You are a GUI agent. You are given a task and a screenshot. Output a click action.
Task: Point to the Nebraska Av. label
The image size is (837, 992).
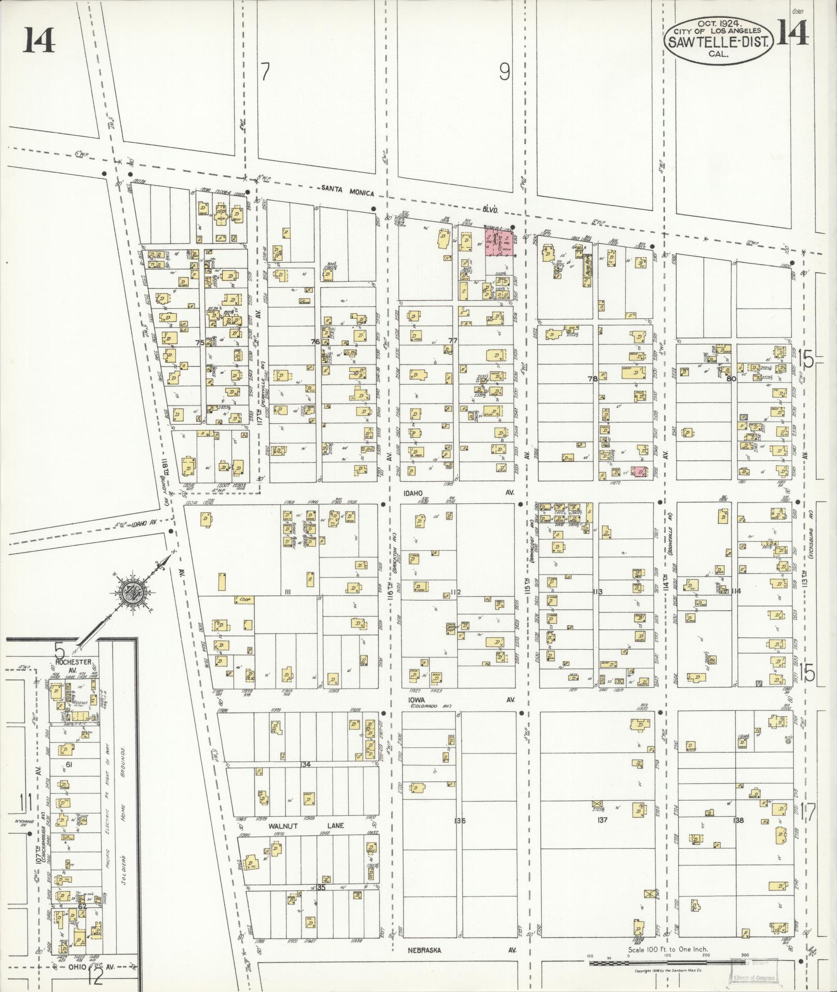(x=424, y=951)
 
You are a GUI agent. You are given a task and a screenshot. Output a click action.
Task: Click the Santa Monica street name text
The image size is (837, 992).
(x=347, y=192)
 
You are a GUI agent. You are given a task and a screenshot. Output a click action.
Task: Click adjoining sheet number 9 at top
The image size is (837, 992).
(x=504, y=72)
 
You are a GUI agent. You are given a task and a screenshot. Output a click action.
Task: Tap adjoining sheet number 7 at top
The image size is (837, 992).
(x=265, y=72)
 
